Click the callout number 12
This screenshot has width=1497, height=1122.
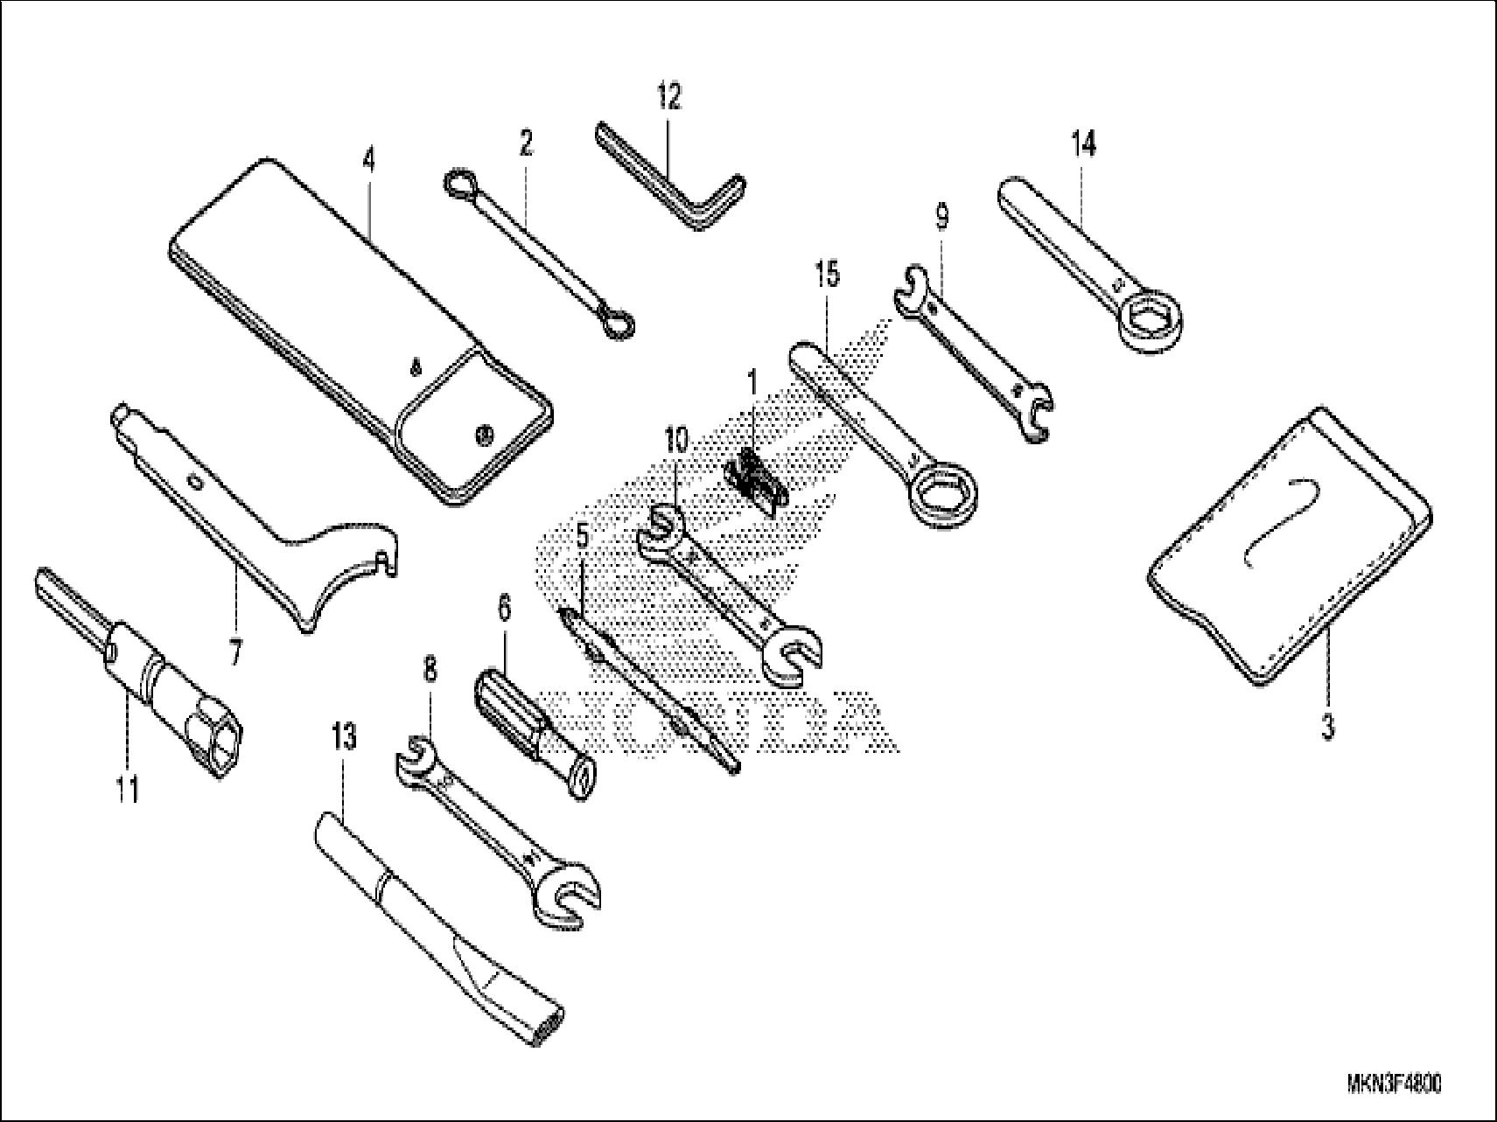668,96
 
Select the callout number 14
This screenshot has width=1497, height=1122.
1082,144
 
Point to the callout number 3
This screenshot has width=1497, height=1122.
1327,728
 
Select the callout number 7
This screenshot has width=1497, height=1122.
234,652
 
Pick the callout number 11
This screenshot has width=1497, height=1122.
127,790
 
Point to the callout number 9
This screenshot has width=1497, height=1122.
941,216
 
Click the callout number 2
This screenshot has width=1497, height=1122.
525,143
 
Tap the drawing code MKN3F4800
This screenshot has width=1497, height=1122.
1394,1084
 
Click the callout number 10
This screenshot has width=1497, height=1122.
676,441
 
